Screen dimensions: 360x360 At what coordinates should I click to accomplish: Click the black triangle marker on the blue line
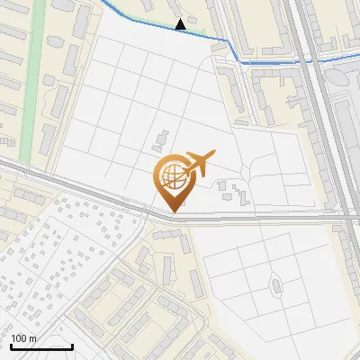point(181,24)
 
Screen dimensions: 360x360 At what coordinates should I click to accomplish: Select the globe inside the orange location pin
point(171,174)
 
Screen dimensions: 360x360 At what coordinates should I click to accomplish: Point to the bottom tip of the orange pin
point(171,211)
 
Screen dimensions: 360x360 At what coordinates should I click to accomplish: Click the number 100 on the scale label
point(19,339)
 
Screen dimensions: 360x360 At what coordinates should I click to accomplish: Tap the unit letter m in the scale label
point(33,339)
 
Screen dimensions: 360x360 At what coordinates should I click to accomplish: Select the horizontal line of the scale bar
point(41,346)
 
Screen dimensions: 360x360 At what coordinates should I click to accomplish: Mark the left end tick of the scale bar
point(11,345)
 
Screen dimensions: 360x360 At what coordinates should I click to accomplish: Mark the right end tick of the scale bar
point(72,345)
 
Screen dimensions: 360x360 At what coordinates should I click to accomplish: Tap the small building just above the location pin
point(159,139)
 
